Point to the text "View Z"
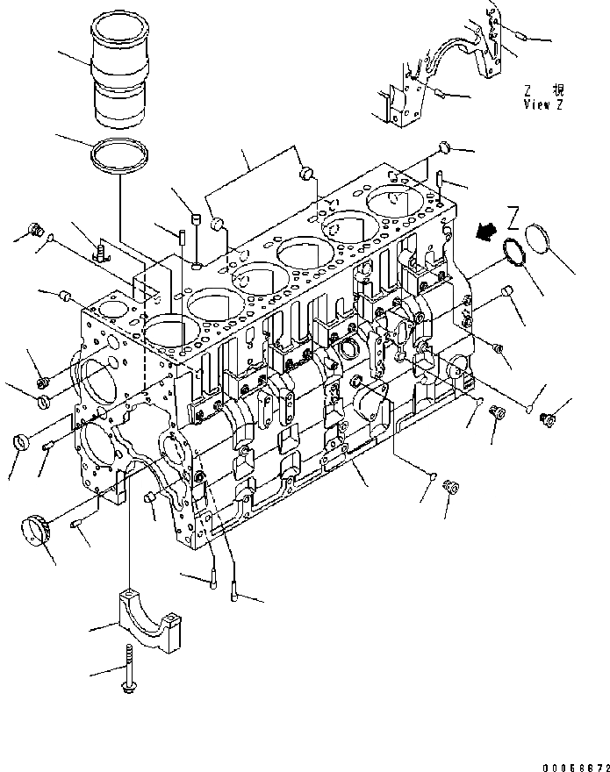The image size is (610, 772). click(x=543, y=104)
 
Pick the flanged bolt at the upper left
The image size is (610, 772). click(x=37, y=230)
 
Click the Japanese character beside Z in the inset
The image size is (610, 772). click(x=558, y=89)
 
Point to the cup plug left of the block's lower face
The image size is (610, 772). click(x=18, y=441)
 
